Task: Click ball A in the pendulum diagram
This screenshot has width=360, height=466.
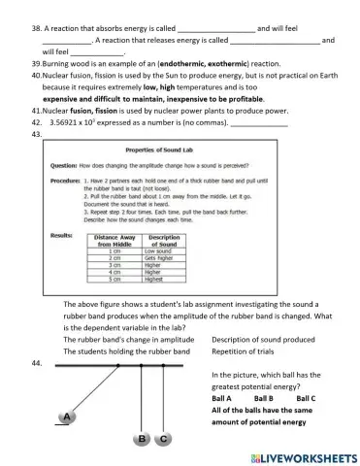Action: click(x=65, y=417)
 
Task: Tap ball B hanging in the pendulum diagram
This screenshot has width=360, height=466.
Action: click(x=143, y=440)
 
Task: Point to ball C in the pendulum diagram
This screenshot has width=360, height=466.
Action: click(x=164, y=440)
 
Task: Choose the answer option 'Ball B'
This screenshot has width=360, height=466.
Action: click(x=265, y=398)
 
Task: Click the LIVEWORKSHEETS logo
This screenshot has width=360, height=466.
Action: click(x=301, y=455)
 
